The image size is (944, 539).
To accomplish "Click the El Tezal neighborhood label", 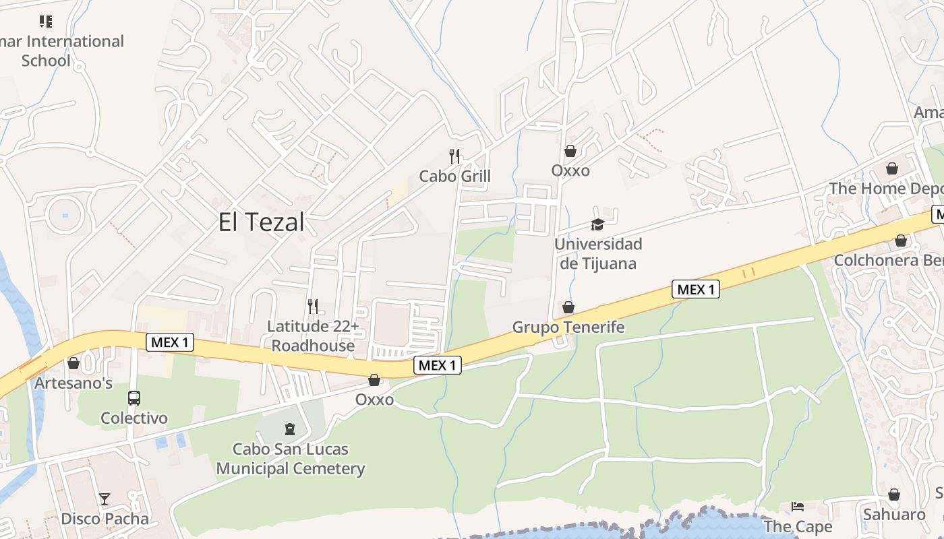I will pos(261,222).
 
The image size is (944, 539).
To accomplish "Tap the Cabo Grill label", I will pos(454,177).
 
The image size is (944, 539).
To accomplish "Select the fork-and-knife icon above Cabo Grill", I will pos(454,156).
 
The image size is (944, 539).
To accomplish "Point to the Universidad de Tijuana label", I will pos(597,253).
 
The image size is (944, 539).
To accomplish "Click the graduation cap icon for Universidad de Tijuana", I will pos(597,224).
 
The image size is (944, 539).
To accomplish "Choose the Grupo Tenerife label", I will pos(568,327).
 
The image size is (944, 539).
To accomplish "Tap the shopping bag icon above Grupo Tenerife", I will pos(568,308).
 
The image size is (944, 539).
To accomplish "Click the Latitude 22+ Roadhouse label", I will pos(312,336).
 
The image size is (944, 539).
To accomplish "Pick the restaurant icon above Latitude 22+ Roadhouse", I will pos(312,307).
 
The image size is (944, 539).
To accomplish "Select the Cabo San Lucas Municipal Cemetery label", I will pos(290,459).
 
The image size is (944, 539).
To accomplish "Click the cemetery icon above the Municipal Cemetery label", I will pos(290,429).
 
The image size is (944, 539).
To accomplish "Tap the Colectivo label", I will pos(134,418).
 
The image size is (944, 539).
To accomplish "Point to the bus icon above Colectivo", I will pos(134,398).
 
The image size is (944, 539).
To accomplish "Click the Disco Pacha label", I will pos(105,519).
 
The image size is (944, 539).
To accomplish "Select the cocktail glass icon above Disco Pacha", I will pos(105,499).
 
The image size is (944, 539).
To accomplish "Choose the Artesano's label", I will pos(73,383).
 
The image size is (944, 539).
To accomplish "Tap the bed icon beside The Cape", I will pos(798,506).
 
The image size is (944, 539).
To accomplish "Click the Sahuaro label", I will pos(894,515).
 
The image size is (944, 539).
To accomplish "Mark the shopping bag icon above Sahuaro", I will pos(894,495).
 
